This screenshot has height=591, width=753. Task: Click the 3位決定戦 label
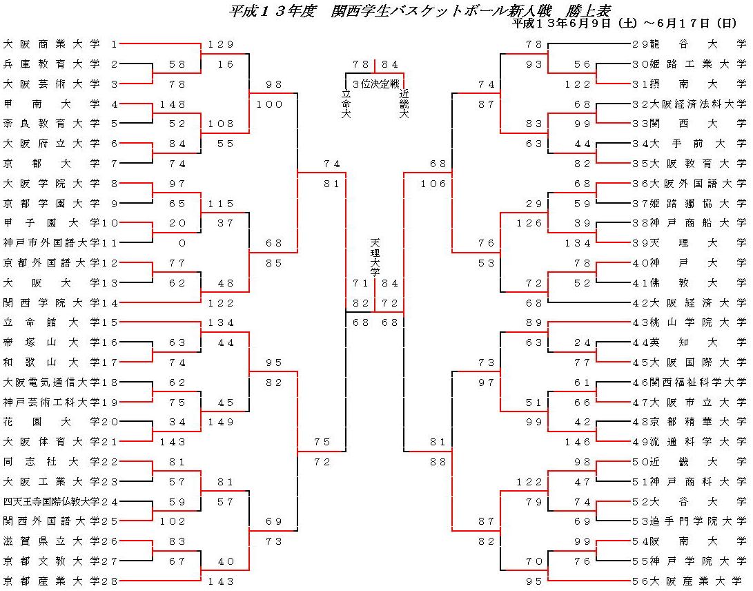point(375,84)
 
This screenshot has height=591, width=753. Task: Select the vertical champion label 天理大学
point(375,257)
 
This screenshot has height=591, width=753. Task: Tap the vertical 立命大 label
point(346,104)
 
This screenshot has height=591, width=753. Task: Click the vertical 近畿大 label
point(404,104)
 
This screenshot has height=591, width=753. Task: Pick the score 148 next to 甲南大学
point(173,104)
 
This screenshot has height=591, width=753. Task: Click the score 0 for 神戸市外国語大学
point(182,243)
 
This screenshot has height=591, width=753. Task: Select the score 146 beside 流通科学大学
point(578,442)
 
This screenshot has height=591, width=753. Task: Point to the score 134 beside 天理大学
point(578,243)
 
